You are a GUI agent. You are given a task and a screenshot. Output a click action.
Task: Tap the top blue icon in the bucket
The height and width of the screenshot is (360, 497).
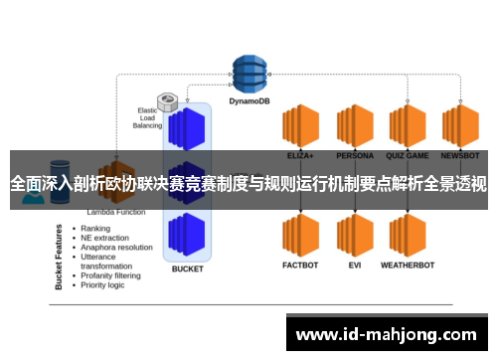click(187, 127)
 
